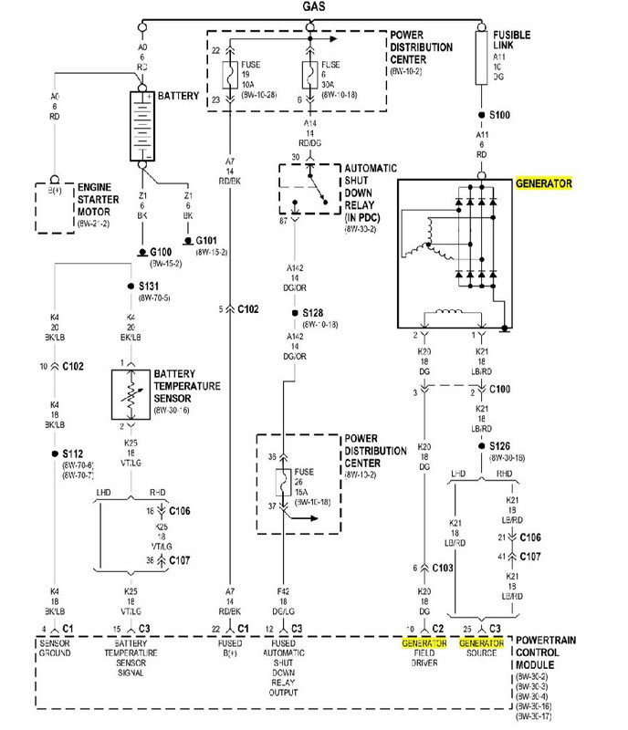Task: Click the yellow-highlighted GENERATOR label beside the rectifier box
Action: coord(543,183)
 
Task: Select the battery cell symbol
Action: coord(142,126)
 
